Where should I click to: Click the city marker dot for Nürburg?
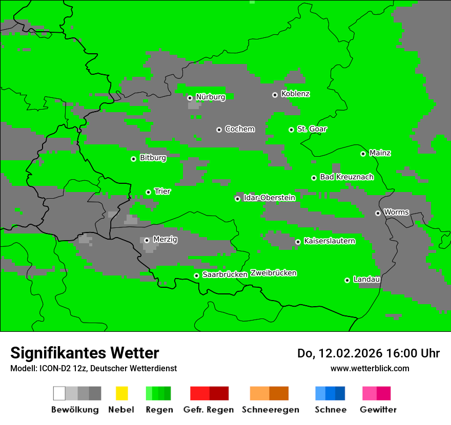pos(190,98)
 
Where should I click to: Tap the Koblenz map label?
pos(295,94)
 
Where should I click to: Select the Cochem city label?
pos(239,129)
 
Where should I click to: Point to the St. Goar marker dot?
pos(291,130)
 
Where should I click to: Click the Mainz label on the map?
pos(380,153)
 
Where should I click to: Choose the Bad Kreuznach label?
pos(346,177)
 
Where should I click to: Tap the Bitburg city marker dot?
pos(133,159)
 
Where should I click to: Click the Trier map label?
pos(162,192)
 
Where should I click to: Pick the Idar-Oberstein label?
pos(269,198)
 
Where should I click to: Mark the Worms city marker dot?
pos(378,213)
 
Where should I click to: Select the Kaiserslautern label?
pos(329,241)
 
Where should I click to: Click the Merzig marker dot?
pos(147,240)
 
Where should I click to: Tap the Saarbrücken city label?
pos(225,275)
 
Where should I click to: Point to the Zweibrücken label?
pos(273,273)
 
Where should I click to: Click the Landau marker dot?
pos(347,280)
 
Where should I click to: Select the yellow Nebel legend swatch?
pos(121,393)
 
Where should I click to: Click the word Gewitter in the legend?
pos(378,410)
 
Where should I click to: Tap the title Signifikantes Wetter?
pos(85,353)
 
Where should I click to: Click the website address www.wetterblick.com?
pos(370,368)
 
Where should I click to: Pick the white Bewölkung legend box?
pos(59,393)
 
